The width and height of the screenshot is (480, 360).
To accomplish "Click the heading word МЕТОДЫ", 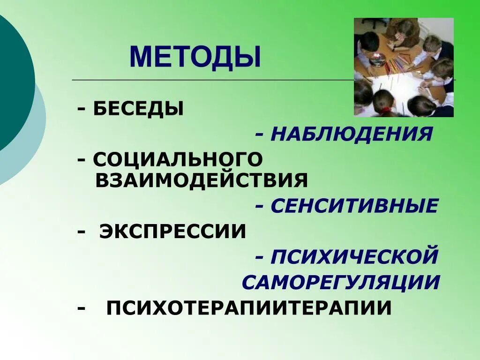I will (x=195, y=57).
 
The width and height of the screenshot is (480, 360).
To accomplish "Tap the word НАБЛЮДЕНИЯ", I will (x=351, y=135).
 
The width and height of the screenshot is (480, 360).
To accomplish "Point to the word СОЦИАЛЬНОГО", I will (x=178, y=159).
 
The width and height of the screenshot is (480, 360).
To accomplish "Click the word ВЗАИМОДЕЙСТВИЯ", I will (x=202, y=180).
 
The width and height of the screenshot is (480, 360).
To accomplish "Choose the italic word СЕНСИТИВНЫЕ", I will (x=354, y=206).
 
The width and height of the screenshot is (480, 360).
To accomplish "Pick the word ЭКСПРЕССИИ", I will (x=172, y=232).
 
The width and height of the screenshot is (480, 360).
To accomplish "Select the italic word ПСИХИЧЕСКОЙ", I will (x=354, y=257).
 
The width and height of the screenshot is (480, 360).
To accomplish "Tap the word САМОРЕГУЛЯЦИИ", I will (x=341, y=282).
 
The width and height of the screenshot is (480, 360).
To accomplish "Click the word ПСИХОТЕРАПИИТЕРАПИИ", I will (x=249, y=308).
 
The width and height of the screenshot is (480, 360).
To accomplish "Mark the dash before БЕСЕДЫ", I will (x=82, y=109).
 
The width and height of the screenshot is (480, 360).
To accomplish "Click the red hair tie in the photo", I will (x=385, y=111).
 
